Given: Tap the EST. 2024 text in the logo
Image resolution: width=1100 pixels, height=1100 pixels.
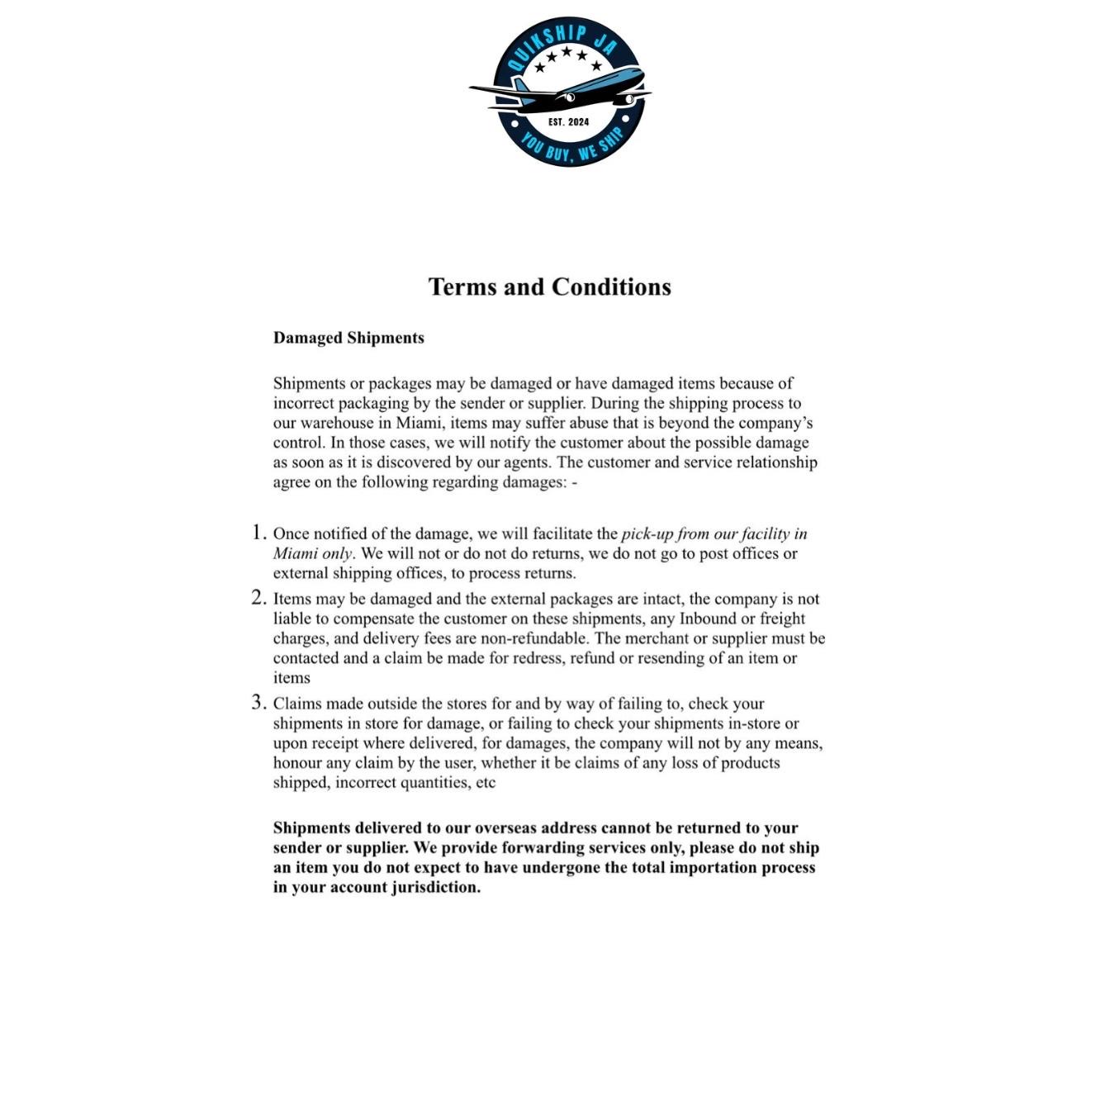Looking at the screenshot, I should click(x=569, y=122).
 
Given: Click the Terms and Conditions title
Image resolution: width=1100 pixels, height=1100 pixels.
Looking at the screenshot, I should click(x=549, y=287).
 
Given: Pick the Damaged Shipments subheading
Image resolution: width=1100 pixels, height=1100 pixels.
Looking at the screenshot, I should click(x=348, y=338).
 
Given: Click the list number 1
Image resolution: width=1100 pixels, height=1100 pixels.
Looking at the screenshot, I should click(x=258, y=533).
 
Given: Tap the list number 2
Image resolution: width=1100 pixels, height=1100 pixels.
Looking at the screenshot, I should click(x=258, y=598).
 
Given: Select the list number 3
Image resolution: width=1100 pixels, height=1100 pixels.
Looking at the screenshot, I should click(x=258, y=703).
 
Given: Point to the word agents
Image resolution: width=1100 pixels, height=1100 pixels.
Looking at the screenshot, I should click(x=525, y=462).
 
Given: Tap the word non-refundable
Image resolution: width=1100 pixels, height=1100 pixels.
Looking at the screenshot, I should click(x=539, y=638).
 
